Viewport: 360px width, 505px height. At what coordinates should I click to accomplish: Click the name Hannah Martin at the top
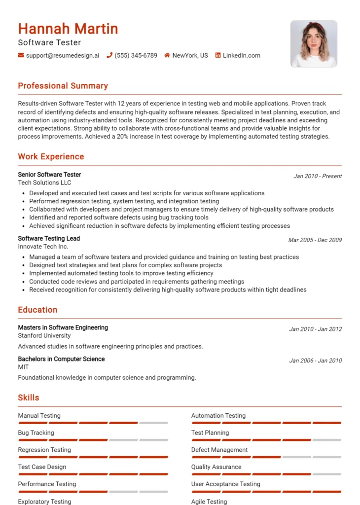click(68, 29)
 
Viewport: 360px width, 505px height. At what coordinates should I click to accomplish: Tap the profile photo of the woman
click(314, 44)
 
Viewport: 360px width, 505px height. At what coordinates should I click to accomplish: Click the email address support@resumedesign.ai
click(62, 56)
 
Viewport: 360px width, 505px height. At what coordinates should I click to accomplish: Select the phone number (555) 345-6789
click(136, 56)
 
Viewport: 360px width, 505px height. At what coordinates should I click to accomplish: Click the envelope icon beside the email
click(21, 56)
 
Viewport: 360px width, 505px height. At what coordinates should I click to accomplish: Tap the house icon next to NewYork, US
click(167, 56)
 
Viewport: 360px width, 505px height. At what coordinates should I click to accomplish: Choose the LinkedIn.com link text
click(241, 56)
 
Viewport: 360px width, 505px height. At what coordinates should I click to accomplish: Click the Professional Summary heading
click(63, 86)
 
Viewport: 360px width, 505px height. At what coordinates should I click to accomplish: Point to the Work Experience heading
click(51, 157)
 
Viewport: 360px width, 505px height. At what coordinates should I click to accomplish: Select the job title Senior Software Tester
click(49, 175)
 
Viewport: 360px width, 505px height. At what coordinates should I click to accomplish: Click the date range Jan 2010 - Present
click(317, 176)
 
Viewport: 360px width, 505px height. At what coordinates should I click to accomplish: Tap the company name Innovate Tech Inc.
click(43, 247)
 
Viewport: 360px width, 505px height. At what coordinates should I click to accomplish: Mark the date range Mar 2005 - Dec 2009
click(315, 240)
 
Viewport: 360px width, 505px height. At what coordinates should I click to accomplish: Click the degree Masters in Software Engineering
click(63, 327)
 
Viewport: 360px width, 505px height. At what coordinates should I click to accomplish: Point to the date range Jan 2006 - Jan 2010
click(315, 361)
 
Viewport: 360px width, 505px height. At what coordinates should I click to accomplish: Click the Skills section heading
click(29, 397)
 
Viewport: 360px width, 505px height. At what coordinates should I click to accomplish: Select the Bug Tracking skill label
click(36, 433)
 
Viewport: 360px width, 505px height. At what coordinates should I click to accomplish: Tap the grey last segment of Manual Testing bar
click(153, 423)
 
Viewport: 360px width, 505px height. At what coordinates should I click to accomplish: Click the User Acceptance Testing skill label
click(225, 484)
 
